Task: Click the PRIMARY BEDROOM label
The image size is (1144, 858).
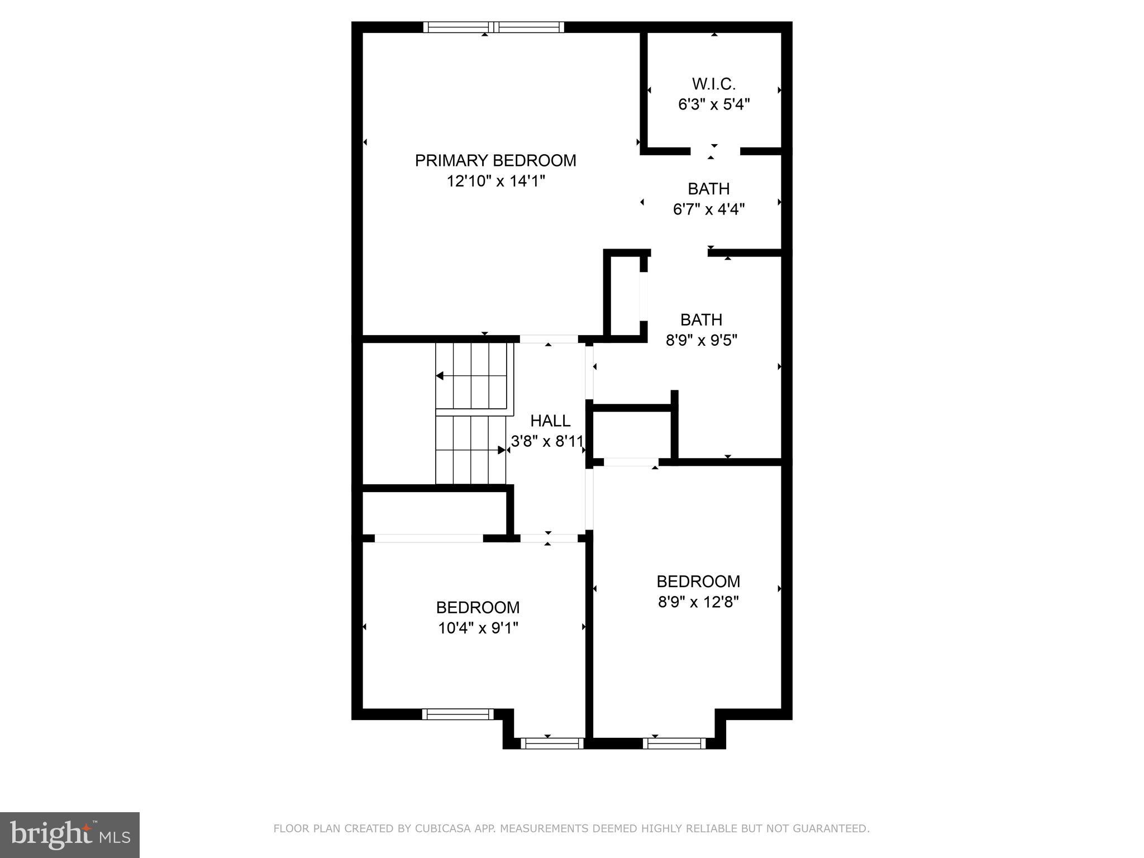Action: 495,161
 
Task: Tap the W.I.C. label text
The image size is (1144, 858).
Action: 713,84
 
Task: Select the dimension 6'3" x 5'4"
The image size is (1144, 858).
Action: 713,104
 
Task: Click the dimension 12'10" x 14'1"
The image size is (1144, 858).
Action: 495,181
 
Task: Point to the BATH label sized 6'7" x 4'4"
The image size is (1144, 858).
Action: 708,189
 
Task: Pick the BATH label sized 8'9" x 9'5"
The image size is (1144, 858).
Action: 701,320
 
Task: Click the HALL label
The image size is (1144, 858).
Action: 550,421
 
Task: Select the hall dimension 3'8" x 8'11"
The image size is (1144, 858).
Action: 547,441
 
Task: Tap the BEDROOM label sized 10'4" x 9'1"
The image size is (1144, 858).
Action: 478,607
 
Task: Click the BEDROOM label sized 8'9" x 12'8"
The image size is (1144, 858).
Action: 698,581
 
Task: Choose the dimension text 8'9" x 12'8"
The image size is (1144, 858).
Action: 698,602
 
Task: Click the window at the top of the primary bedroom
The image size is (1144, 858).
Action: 493,27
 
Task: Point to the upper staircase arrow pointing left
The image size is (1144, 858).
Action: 440,376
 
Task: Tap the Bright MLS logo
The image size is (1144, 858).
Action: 70,835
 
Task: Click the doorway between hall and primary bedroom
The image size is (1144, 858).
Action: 549,339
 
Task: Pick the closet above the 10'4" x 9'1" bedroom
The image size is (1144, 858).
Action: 434,513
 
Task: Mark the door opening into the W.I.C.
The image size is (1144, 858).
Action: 715,151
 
